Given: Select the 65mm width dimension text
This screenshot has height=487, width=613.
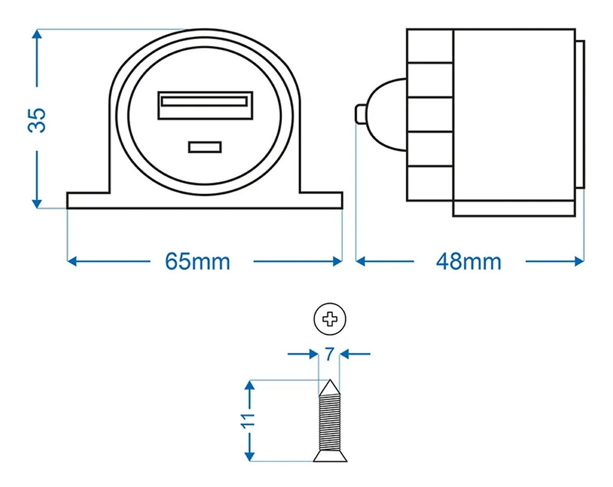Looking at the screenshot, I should tap(197, 262).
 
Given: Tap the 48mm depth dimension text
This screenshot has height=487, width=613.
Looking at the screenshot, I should tap(469, 262).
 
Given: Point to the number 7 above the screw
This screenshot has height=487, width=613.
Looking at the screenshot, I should tap(329, 353).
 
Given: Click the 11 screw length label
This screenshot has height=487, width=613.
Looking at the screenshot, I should tap(249, 421).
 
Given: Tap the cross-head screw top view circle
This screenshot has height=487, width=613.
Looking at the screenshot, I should tap(330, 319).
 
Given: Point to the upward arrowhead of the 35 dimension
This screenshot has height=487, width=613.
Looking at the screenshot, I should tap(37, 34).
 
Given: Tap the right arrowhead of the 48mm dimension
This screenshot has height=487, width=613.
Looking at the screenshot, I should tap(579, 262).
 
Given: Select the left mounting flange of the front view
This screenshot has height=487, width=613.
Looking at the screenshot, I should tap(89, 201).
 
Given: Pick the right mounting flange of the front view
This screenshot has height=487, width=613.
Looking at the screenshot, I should tap(320, 201).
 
